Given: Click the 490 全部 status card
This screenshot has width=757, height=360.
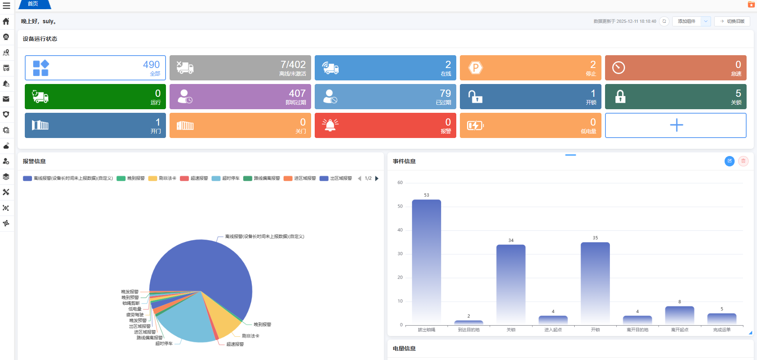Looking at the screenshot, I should pos(95,68).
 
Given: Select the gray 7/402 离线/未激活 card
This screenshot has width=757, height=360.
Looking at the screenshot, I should pos(240,68).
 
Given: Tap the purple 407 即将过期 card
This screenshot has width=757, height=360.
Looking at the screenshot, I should pos(240,97).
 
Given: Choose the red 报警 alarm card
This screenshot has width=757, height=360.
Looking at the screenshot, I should pos(385,126).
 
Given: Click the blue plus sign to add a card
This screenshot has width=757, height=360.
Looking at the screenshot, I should pos(676,125).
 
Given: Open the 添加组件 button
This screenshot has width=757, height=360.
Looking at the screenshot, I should pos(687,21).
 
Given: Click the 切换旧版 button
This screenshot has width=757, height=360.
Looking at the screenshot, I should pos(732,21).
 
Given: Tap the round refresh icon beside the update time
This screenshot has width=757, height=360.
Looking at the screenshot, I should pos(664,21).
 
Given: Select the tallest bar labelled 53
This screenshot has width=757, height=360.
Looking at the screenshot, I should pos(426,260).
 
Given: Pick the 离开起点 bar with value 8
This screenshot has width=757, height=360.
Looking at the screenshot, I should pos(679,315).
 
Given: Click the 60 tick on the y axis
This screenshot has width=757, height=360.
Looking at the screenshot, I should pos(400,183).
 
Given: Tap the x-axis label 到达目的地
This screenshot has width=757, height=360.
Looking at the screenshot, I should pos(469,330).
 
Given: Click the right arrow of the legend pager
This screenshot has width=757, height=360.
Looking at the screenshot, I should pos(377,178).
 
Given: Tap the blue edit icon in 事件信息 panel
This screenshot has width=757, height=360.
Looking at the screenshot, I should pos(729,161).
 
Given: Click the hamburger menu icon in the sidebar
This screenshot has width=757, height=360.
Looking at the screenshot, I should pos(6,6).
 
